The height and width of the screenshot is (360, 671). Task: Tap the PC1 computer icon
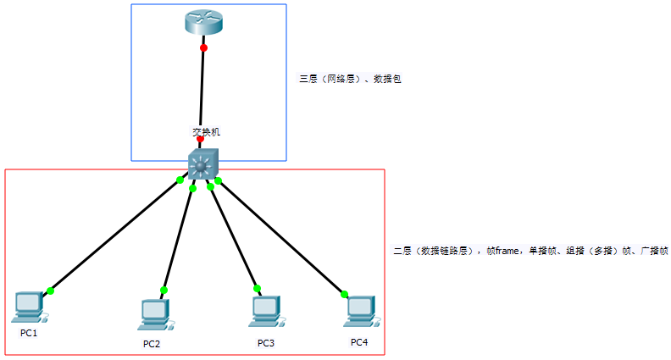click(x=30, y=307)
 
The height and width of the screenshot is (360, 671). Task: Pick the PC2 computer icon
click(x=154, y=314)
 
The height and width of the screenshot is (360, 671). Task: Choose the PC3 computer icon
click(x=264, y=311)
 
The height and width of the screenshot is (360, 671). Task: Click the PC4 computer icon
click(x=360, y=311)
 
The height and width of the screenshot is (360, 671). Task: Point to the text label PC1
click(x=29, y=333)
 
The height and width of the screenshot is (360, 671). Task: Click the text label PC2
click(x=152, y=343)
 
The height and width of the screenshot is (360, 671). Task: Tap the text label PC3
click(x=266, y=342)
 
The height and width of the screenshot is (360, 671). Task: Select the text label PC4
click(x=359, y=341)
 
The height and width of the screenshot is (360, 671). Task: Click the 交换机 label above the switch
click(x=206, y=132)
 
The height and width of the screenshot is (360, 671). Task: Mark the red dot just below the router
click(x=203, y=47)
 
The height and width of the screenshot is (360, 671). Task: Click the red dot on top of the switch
click(x=200, y=139)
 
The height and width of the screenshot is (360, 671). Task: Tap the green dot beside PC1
click(x=50, y=291)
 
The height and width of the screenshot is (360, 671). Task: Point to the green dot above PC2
click(x=164, y=290)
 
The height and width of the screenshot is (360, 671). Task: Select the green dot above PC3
click(x=257, y=288)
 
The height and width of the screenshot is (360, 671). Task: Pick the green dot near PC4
click(x=344, y=294)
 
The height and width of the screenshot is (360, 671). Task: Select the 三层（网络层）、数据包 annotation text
click(x=350, y=78)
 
